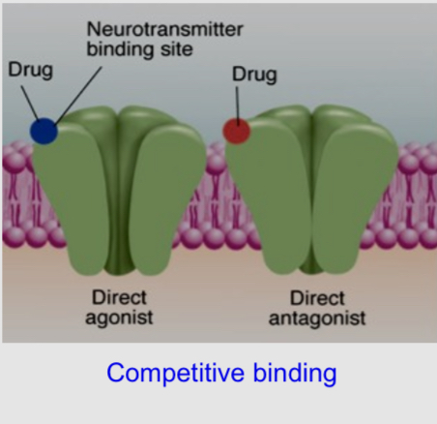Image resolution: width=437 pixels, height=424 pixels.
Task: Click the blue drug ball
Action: pyautogui.click(x=43, y=131)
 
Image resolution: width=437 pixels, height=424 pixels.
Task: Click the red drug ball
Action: pyautogui.click(x=236, y=130)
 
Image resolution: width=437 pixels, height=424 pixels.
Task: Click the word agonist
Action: pyautogui.click(x=119, y=317)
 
